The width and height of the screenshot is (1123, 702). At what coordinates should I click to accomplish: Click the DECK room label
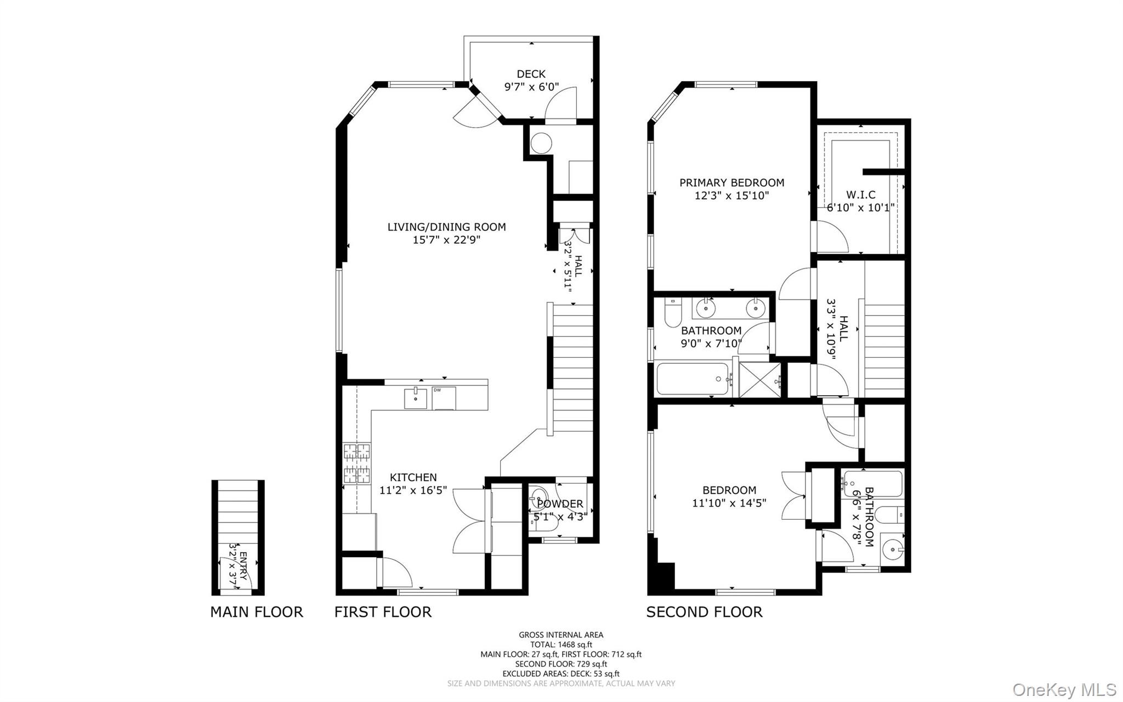coord(531,74)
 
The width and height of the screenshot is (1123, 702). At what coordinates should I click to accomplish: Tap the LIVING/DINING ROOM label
coord(446,227)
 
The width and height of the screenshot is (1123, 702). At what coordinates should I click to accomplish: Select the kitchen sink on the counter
coord(416,398)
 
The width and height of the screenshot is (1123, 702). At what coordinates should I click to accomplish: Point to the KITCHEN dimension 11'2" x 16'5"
coord(413,490)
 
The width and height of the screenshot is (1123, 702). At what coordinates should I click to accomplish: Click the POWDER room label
coord(560,504)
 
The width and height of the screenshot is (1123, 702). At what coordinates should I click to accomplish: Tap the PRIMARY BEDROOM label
coord(731,183)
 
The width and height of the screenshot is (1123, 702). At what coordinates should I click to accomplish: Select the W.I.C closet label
coord(860,194)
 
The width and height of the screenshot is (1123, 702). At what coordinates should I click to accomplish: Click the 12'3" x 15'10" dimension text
coord(731,196)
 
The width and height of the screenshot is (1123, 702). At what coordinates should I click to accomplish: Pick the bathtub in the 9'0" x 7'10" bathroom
coord(693,379)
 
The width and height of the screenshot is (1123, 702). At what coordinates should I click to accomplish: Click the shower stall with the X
coord(761,379)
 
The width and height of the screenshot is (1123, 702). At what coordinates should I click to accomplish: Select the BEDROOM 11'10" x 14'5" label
coord(729,490)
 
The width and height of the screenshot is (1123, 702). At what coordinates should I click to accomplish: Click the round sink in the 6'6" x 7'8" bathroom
coord(892,548)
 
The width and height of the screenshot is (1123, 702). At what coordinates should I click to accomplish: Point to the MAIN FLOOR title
coord(256,612)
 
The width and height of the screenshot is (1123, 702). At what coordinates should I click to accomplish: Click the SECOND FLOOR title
coord(704,612)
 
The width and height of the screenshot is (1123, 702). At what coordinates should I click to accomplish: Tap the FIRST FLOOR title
coord(383,612)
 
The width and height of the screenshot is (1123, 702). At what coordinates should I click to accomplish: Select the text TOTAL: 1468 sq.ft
coord(561,645)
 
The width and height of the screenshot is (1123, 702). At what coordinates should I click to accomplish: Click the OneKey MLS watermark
coord(1064,689)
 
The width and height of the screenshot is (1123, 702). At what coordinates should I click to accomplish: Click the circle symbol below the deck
coord(541,143)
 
